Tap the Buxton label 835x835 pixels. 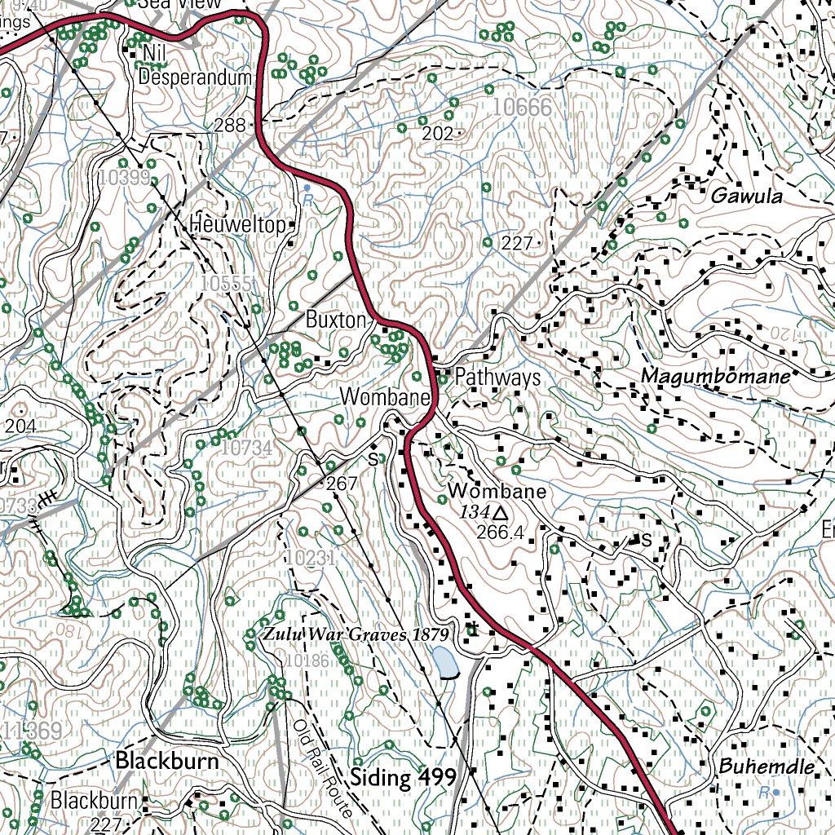tap(335, 320)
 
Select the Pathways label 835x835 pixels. tap(497, 377)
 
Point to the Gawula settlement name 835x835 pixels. tap(746, 197)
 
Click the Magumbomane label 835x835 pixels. tap(715, 376)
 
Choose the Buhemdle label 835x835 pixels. tap(766, 767)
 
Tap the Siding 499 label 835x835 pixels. tap(402, 776)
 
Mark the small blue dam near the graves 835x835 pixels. tap(444, 663)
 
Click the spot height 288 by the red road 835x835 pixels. tap(231, 125)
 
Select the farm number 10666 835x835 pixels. tap(522, 107)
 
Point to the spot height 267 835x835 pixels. tap(342, 484)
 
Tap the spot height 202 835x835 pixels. tap(437, 134)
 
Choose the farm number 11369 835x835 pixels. tap(33, 731)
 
